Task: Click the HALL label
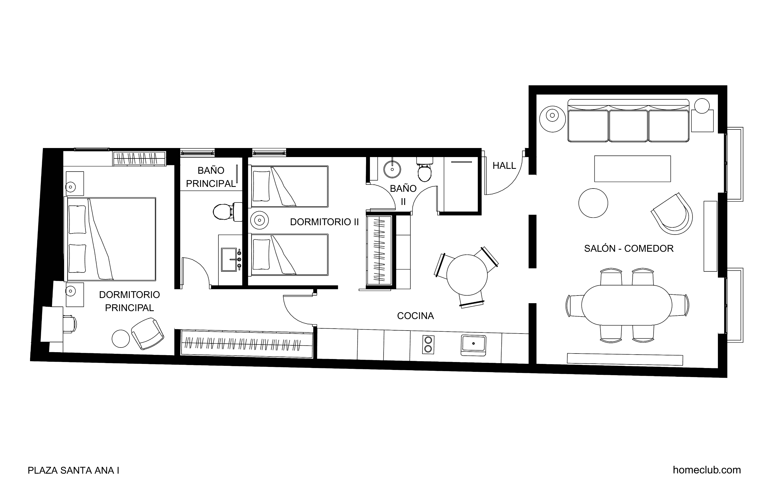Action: [x=504, y=166]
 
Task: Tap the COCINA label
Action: [x=415, y=316]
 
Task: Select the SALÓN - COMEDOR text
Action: [x=629, y=248]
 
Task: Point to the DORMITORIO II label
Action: [x=324, y=222]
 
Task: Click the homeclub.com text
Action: [x=707, y=470]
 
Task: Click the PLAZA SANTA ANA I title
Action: [x=74, y=470]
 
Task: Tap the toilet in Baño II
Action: [x=425, y=170]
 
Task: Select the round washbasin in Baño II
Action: [x=392, y=169]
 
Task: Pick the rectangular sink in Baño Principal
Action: [x=229, y=260]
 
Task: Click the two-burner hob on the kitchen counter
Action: [x=428, y=345]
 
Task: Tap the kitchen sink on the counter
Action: [x=473, y=345]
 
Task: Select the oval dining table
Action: [x=627, y=305]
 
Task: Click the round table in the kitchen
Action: [x=467, y=275]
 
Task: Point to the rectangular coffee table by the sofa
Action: [x=632, y=169]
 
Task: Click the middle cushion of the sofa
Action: [x=628, y=126]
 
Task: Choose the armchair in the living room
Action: [x=673, y=214]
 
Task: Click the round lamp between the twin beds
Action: [x=259, y=220]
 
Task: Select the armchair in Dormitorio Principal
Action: [x=148, y=334]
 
